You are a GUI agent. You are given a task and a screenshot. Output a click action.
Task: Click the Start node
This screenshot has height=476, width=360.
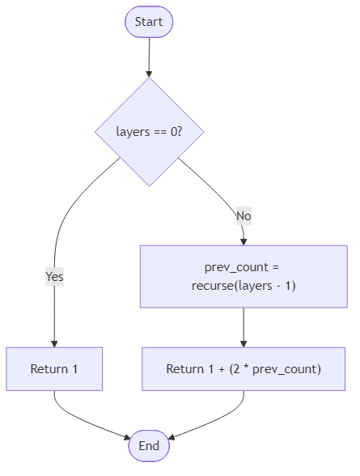pos(149,22)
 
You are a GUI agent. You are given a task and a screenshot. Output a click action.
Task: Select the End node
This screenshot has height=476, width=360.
pos(149,445)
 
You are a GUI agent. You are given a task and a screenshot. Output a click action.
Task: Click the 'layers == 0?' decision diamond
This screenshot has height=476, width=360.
pos(149,132)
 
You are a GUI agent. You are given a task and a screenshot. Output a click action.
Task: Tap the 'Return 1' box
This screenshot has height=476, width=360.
pos(54,369)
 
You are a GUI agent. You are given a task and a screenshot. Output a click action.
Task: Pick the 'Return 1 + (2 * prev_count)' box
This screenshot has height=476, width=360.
pos(244,369)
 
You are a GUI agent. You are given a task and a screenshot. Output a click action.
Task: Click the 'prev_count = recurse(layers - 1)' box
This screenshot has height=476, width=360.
pos(244,277)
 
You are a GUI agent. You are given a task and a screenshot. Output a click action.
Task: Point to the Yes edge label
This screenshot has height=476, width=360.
pos(54,277)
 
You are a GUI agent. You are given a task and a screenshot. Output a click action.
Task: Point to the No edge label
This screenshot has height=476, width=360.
pos(243,216)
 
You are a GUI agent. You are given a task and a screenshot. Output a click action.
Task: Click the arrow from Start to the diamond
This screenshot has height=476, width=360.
pos(149,57)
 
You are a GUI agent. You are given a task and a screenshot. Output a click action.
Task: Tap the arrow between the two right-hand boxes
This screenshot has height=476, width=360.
pos(244,327)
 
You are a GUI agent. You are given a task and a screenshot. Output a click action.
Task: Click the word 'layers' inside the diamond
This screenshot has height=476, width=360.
pos(133,132)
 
